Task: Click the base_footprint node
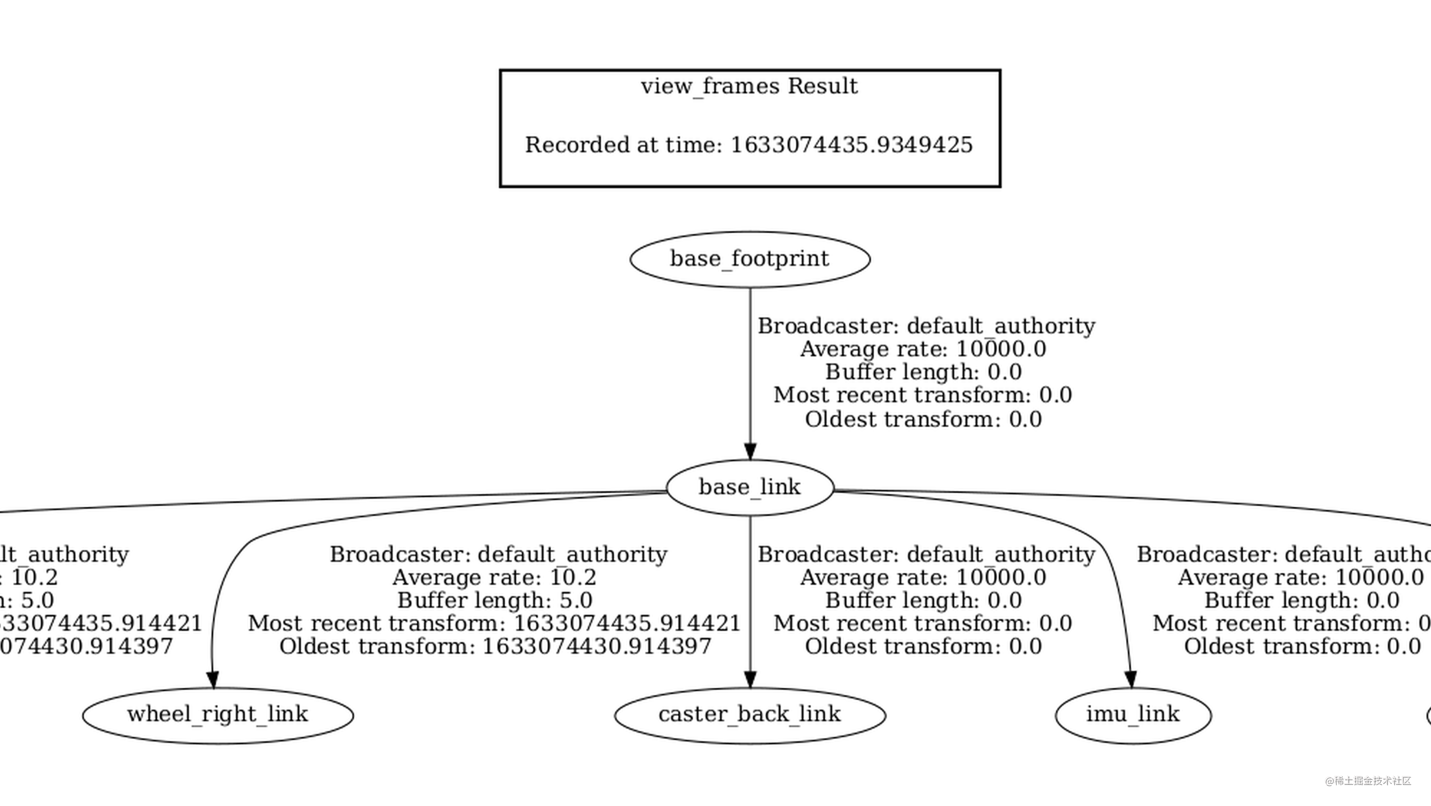750,259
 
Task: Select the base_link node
750,487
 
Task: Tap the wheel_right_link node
218,714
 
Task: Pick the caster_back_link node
750,714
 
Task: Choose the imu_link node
1132,714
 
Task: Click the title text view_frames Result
750,86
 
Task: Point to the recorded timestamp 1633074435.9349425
851,145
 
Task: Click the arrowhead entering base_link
750,451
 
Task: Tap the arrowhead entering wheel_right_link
212,679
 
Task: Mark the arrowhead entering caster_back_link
750,679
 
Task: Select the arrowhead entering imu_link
1130,679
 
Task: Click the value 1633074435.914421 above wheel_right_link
627,623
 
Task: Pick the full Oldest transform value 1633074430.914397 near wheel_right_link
596,646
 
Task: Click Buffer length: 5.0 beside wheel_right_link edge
495,600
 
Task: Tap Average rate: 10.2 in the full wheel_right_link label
495,578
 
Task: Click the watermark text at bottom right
1368,781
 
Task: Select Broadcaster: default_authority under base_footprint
926,326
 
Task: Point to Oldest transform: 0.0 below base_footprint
922,420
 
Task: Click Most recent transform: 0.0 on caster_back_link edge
922,623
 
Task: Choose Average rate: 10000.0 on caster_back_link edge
922,578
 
